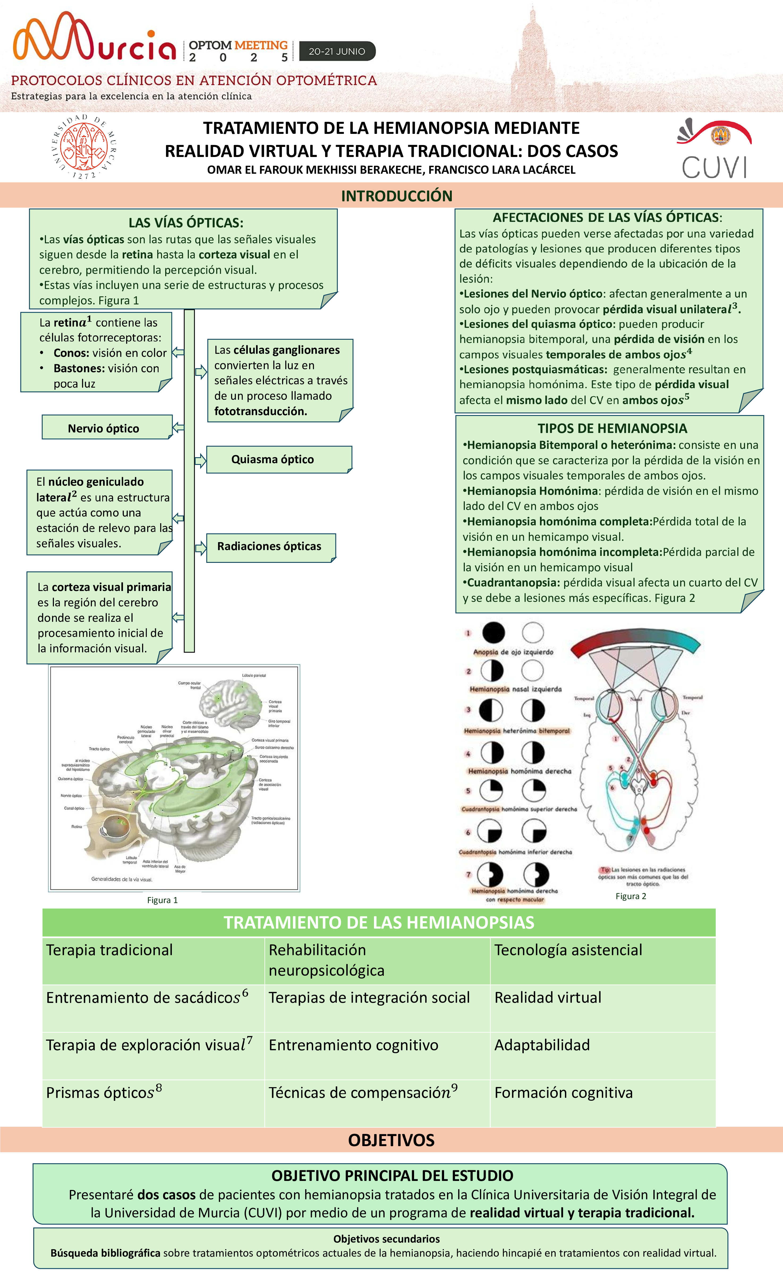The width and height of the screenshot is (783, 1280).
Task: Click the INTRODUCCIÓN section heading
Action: [397, 196]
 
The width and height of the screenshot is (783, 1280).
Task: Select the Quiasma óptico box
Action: [279, 459]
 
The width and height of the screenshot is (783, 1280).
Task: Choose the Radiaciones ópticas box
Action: [270, 546]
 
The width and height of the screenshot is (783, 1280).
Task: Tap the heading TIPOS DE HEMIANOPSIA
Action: [612, 428]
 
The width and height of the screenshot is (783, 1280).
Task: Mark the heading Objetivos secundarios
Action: [386, 1239]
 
